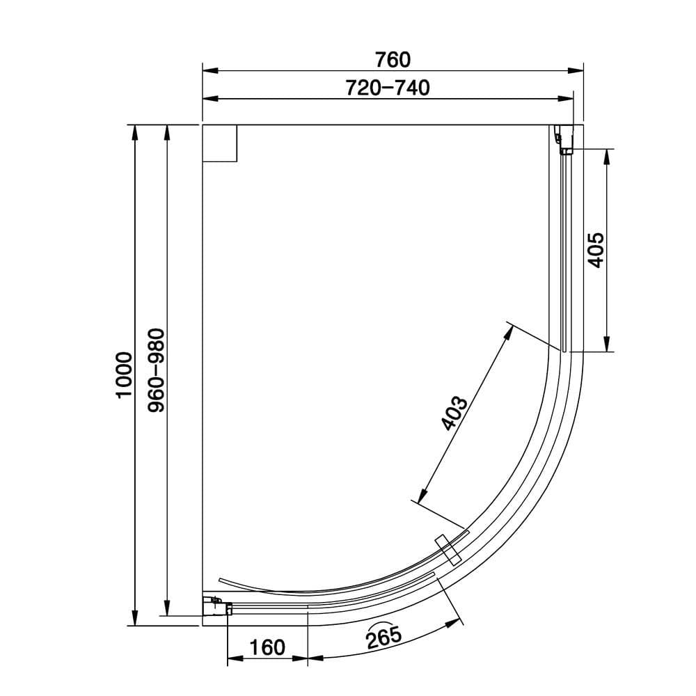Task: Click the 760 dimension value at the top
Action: [x=393, y=60]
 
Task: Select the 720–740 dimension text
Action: [x=388, y=88]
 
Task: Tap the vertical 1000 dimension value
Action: [x=124, y=374]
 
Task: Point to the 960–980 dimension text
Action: [x=157, y=370]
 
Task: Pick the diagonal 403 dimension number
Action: [x=454, y=414]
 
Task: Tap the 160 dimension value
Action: [x=267, y=647]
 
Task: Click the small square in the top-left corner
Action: [x=219, y=143]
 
